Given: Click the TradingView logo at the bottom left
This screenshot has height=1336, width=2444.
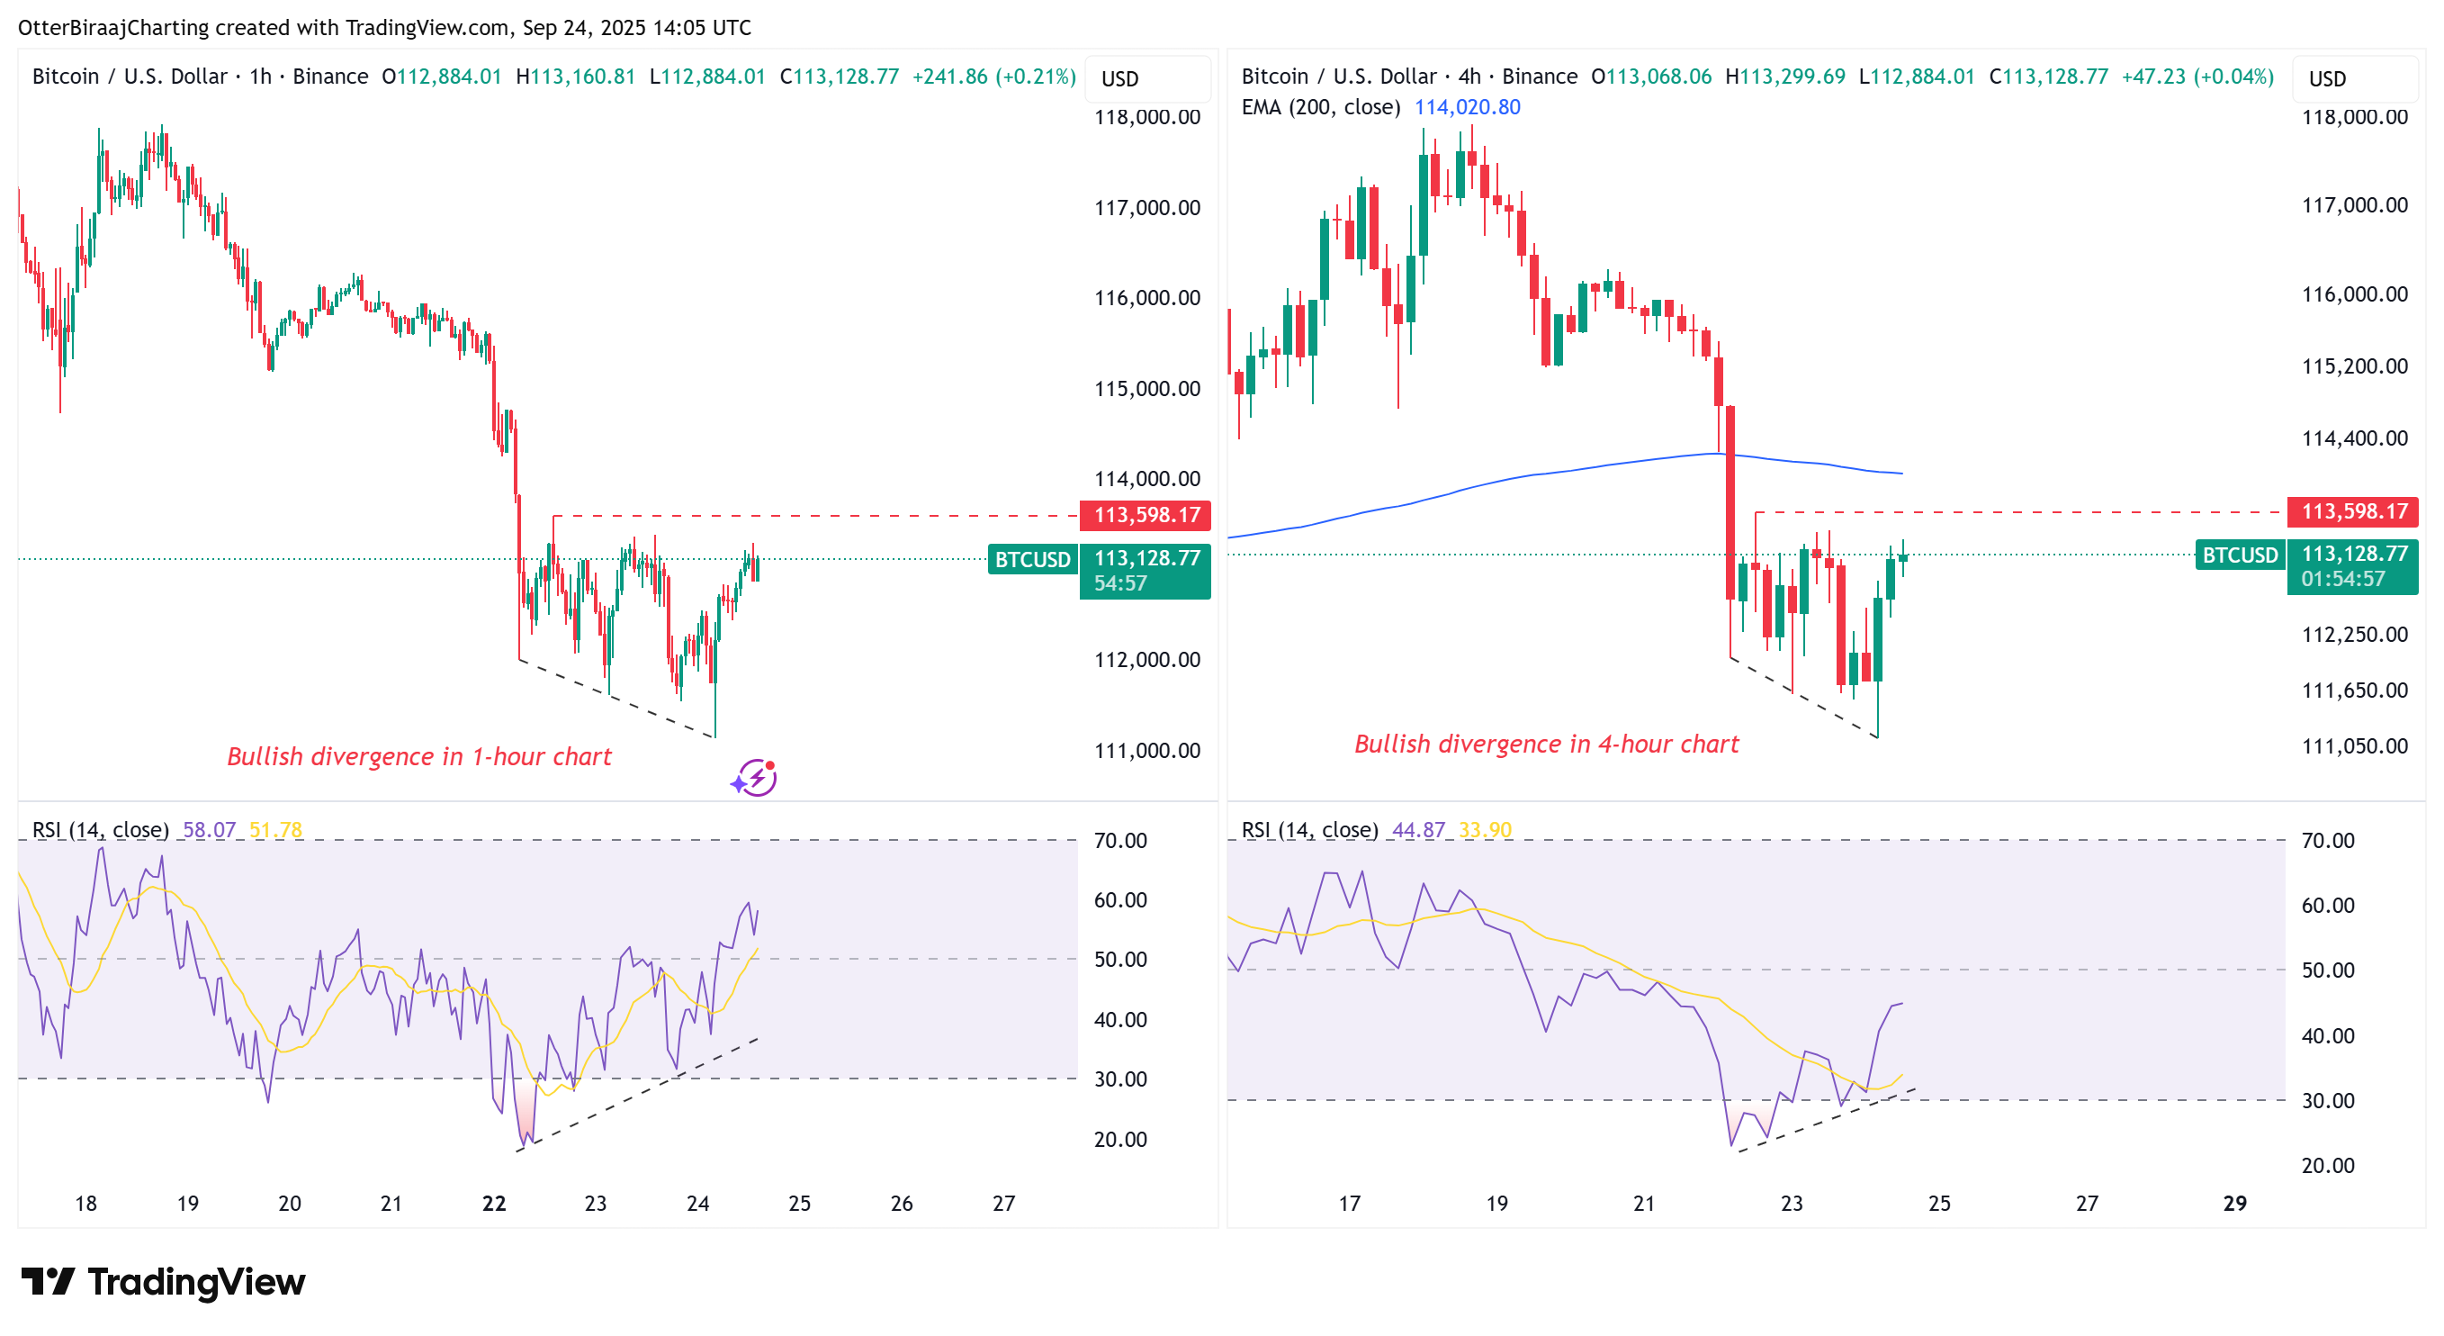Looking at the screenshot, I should coord(163,1282).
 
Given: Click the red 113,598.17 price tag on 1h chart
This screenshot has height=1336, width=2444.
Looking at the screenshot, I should coord(1146,515).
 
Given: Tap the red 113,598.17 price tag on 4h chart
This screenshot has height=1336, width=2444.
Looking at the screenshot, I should coord(2353,511).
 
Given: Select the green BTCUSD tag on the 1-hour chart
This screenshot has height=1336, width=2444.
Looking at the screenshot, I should coord(1032,560).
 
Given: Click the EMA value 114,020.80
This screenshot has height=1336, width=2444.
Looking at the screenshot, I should coord(1467,107).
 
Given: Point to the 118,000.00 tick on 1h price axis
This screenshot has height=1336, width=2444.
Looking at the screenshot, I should coord(1146,118).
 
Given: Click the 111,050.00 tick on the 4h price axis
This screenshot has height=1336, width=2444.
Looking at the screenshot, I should coord(2354,745).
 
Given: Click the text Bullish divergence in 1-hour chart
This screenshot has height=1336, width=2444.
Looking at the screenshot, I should coord(418,756).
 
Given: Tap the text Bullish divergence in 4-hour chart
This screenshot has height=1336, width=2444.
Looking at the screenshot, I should coord(1546,744).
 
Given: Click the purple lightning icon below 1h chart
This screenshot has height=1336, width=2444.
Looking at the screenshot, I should coord(754,778).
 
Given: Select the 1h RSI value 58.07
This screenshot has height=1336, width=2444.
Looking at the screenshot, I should coord(209,829).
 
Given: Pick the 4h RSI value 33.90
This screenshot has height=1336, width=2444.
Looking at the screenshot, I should coord(1485,829).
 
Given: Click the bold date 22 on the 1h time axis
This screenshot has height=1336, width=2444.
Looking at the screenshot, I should coord(493,1203).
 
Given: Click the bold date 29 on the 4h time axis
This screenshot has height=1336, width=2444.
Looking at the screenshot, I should coord(2234,1203).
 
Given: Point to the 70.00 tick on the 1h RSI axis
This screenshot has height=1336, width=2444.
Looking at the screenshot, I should coord(1119,841).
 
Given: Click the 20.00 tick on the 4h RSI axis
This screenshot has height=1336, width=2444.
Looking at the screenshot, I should coord(2327,1165).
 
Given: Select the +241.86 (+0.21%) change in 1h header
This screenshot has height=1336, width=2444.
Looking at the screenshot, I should coord(993,76).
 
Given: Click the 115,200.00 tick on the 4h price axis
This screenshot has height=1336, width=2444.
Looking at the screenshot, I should coord(2354,366).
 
